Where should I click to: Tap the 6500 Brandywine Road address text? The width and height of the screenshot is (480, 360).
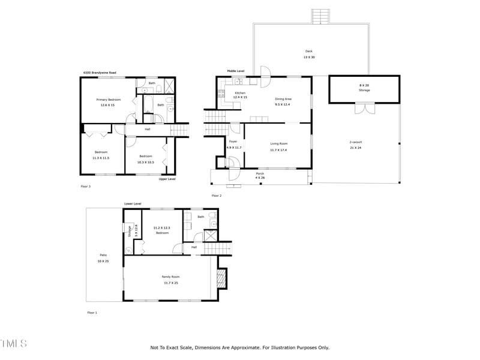[100, 73]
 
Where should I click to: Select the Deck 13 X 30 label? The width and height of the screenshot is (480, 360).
[308, 54]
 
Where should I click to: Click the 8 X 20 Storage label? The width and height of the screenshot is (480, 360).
[364, 88]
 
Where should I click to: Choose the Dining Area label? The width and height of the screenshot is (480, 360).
[283, 101]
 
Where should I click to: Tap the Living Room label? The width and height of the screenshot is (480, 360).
[279, 146]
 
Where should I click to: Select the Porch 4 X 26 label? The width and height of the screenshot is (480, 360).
[260, 175]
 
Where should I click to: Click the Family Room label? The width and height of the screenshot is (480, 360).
[170, 279]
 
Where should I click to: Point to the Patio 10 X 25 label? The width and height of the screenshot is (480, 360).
[103, 259]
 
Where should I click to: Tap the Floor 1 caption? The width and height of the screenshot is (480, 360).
[92, 313]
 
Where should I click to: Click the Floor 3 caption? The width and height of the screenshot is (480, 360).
[85, 187]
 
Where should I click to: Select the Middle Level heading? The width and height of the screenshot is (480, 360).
[235, 71]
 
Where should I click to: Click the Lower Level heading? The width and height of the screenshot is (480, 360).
[132, 204]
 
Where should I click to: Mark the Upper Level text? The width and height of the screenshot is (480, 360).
[167, 179]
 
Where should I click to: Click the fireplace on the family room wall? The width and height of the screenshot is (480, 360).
[221, 278]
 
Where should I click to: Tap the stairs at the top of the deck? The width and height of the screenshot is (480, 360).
[321, 16]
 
